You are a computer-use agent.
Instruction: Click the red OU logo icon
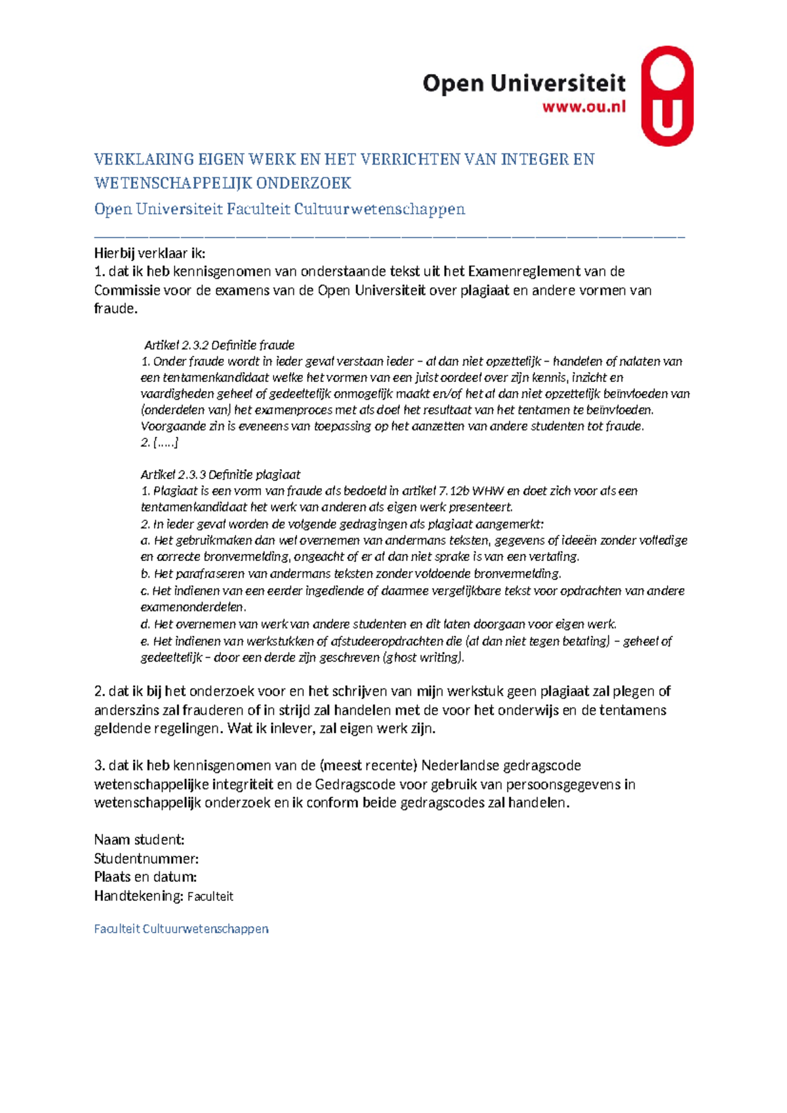pyautogui.click(x=666, y=96)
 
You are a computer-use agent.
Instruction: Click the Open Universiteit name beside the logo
pyautogui.click(x=523, y=83)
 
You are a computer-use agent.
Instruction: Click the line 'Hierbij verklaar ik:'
pyautogui.click(x=150, y=253)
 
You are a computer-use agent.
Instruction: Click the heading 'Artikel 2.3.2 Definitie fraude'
pyautogui.click(x=219, y=345)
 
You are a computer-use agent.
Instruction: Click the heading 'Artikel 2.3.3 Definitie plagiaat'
pyautogui.click(x=220, y=474)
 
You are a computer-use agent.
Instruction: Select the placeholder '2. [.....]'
pyautogui.click(x=159, y=443)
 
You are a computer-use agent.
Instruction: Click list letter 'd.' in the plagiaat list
pyautogui.click(x=146, y=624)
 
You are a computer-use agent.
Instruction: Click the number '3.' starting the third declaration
pyautogui.click(x=100, y=765)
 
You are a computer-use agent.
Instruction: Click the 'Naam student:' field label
pyautogui.click(x=139, y=840)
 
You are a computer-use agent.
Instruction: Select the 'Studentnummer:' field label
pyautogui.click(x=146, y=858)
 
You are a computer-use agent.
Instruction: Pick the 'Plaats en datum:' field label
pyautogui.click(x=146, y=877)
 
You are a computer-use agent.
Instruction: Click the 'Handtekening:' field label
pyautogui.click(x=138, y=896)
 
